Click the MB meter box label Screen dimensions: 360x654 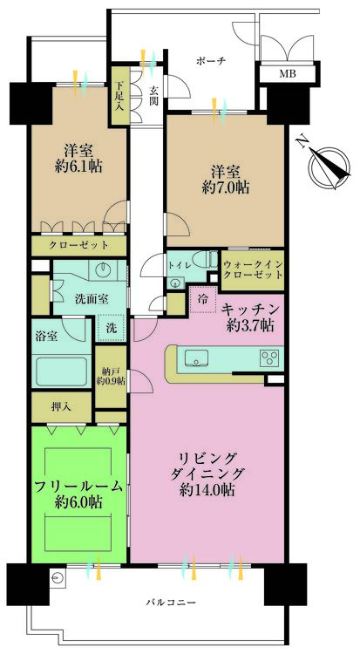click(x=287, y=74)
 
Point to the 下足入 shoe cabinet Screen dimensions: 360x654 click(x=119, y=95)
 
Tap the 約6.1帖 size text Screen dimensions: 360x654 click(x=78, y=167)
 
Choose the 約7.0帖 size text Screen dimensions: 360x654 click(x=225, y=187)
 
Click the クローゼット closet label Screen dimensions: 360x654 click(x=78, y=245)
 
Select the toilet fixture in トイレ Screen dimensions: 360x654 click(x=207, y=260)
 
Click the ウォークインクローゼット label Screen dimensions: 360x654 click(x=253, y=269)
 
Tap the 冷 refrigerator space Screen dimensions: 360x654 click(x=203, y=300)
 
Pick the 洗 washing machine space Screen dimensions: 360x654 click(x=111, y=328)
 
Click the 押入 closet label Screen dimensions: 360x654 click(x=61, y=406)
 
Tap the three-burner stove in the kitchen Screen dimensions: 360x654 click(x=268, y=358)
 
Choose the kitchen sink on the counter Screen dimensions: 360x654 click(x=196, y=358)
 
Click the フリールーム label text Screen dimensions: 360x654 click(x=78, y=486)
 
